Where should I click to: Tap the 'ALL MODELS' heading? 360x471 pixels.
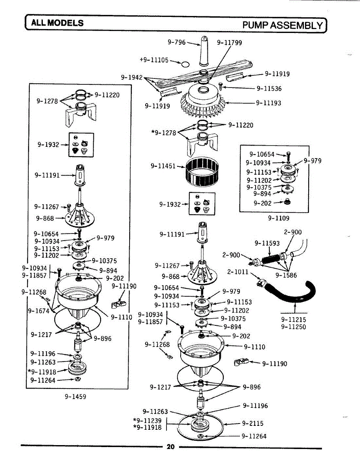point(57,23)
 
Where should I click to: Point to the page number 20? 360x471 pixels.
point(170,447)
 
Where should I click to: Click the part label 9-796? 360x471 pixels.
point(176,42)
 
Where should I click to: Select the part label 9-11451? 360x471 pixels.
point(163,166)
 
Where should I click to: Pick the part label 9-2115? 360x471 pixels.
point(253,424)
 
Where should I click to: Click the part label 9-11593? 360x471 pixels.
point(267,243)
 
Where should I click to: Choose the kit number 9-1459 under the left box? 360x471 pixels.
point(75,396)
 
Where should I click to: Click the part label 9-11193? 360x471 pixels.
point(269,103)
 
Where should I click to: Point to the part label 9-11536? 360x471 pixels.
point(269,89)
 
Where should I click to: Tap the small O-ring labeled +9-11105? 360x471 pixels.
point(185,64)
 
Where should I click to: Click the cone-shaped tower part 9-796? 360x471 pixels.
point(204,51)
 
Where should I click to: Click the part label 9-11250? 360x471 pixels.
point(294,327)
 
